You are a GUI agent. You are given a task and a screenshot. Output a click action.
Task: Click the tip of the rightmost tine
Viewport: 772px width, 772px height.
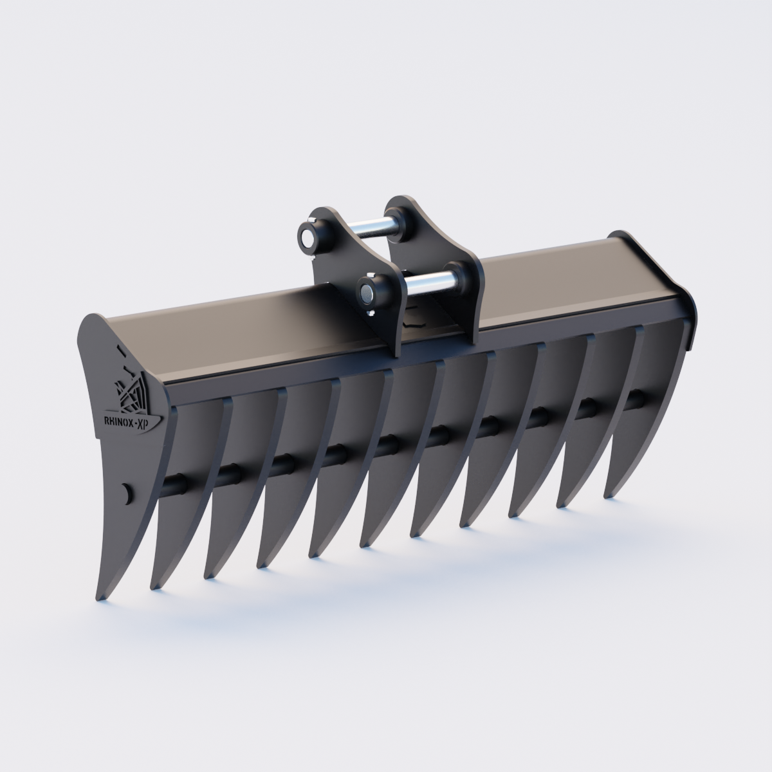(x=607, y=495)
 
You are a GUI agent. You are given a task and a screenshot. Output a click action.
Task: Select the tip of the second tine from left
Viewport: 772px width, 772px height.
(x=154, y=587)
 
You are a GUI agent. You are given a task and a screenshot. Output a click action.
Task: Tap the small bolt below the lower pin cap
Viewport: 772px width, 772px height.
(x=372, y=314)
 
